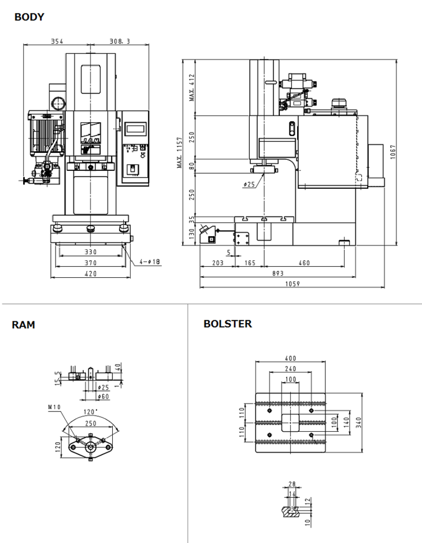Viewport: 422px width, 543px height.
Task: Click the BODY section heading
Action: click(29, 17)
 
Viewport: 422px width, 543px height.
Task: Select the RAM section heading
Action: click(23, 325)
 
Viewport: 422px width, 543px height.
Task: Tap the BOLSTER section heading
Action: click(227, 324)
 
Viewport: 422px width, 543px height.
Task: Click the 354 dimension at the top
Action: click(57, 41)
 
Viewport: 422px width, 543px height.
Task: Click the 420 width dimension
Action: click(91, 274)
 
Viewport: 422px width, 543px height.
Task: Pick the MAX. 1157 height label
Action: click(180, 153)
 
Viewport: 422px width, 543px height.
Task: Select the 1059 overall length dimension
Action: click(293, 284)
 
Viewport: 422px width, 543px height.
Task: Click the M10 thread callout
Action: click(54, 407)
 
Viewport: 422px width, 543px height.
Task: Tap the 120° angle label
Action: click(90, 412)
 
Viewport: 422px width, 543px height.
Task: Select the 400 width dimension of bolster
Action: click(291, 359)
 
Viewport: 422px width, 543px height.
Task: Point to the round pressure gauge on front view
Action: click(58, 104)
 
